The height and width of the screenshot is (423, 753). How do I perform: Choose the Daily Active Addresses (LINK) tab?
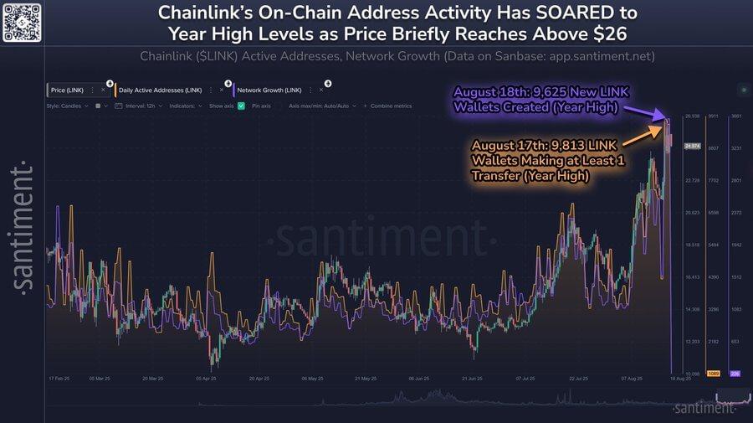click(160, 89)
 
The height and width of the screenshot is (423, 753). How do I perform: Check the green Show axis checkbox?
click(241, 106)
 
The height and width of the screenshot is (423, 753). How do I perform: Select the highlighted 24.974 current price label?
click(692, 146)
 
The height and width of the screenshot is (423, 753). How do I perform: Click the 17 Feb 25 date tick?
click(59, 379)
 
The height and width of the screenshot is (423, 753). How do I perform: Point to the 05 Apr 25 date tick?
click(210, 379)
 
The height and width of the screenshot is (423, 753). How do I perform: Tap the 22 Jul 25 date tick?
click(579, 379)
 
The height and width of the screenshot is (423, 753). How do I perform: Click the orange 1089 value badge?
click(714, 373)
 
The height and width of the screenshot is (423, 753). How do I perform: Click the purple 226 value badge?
click(735, 373)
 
